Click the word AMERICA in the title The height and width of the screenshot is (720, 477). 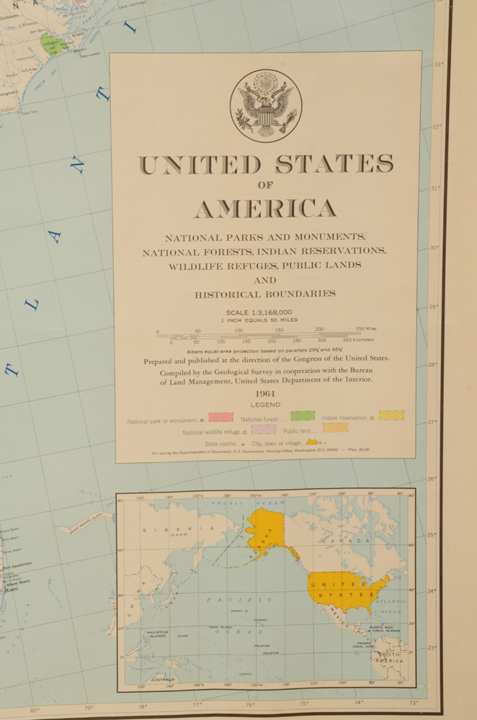(265, 209)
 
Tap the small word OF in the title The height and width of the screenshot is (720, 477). (265, 185)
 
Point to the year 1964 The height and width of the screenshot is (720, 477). (265, 394)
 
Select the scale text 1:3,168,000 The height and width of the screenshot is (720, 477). (259, 312)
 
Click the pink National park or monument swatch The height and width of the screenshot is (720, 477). (220, 417)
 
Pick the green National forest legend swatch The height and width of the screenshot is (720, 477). (303, 416)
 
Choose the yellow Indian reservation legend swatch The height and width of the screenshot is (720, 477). (391, 415)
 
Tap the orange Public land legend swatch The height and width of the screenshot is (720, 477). (335, 428)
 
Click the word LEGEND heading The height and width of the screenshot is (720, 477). (265, 405)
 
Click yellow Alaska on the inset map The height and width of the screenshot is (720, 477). (264, 529)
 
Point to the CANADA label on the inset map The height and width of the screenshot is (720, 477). (347, 540)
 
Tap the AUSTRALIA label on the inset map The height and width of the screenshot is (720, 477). (162, 679)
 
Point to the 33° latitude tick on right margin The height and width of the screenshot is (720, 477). (438, 65)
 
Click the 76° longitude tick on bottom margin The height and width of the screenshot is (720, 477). (250, 705)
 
